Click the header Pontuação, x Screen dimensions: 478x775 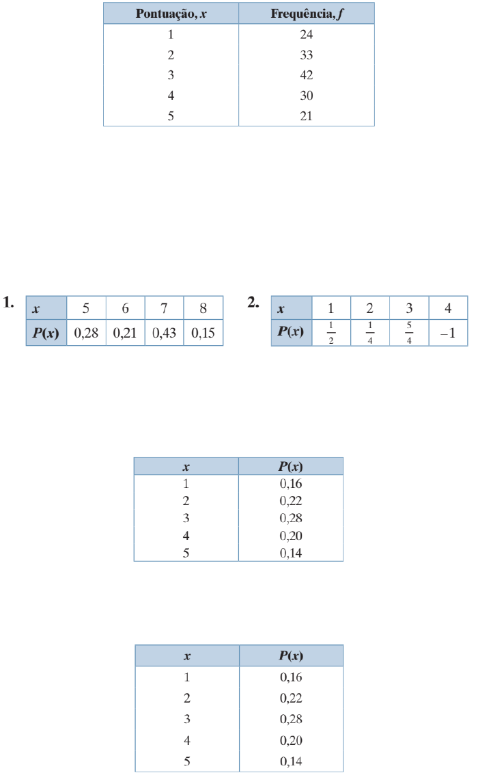coord(171,14)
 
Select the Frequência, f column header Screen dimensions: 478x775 coord(307,14)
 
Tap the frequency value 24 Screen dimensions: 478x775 coord(306,35)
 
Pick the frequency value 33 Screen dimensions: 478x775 coord(306,55)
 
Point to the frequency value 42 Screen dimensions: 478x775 coord(306,75)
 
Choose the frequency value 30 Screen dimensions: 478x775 coord(306,96)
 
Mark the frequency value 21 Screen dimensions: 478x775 coord(306,116)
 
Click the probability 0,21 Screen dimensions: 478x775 coord(125,333)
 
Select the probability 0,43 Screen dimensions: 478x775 coord(164,333)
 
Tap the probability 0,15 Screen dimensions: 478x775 coord(203,333)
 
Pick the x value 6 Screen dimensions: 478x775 coord(126,308)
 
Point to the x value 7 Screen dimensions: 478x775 coord(164,308)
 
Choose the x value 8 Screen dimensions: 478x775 coord(203,308)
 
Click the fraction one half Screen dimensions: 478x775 coord(331,333)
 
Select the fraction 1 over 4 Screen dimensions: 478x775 coord(370,333)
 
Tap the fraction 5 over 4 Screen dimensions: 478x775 coord(409,333)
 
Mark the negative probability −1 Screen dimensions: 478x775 coord(448,334)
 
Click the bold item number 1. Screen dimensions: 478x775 coord(8,303)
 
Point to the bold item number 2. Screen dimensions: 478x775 coord(253,303)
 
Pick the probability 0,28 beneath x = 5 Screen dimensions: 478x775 coord(86,333)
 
